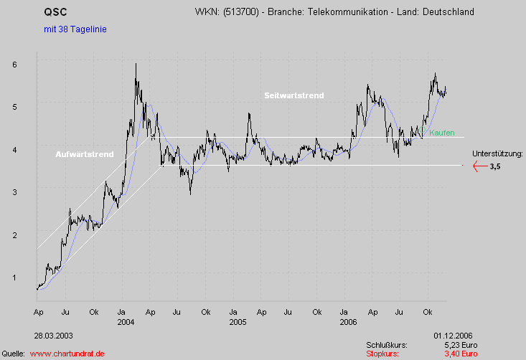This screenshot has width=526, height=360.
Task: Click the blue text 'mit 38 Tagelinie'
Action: click(70, 29)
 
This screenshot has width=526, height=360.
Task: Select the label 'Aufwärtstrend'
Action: click(85, 155)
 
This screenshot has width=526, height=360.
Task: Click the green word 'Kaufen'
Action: click(441, 133)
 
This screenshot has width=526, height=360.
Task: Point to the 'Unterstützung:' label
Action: click(498, 153)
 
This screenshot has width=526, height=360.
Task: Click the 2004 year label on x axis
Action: click(126, 322)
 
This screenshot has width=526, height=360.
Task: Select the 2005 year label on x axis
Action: click(238, 322)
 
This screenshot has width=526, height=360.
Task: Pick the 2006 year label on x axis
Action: click(349, 322)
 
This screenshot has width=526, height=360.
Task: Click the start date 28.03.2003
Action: click(53, 335)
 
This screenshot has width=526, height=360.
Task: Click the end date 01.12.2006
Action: click(453, 335)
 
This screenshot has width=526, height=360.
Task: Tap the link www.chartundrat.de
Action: click(67, 354)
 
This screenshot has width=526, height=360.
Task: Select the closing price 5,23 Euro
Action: click(459, 345)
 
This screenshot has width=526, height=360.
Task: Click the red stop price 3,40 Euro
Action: click(459, 354)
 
